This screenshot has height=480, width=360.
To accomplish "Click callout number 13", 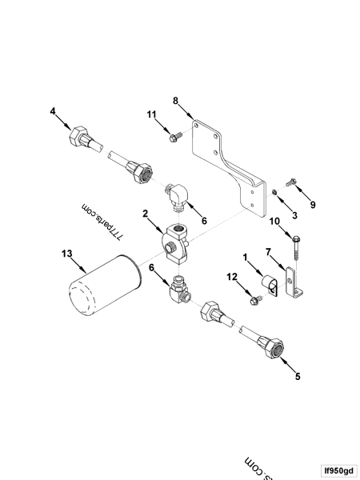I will coord(66,254).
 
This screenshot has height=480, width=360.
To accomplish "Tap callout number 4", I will coord(53,112).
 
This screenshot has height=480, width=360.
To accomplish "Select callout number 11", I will coord(151,114).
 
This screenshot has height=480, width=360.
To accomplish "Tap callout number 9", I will coord(313,205).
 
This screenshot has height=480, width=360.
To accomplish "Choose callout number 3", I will coord(294,215).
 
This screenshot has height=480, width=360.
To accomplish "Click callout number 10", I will coord(274,221).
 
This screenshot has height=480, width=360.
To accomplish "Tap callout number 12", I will coord(231,276).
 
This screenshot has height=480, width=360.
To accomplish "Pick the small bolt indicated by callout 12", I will coord(254,300).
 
